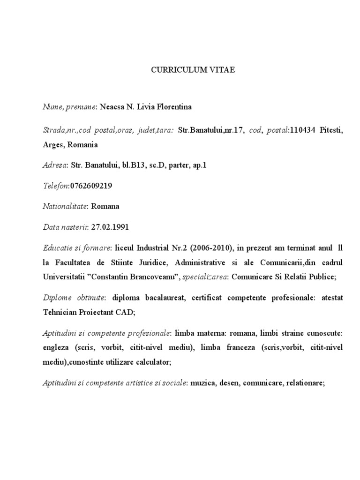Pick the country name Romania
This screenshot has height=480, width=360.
82,144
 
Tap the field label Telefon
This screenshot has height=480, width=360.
55,186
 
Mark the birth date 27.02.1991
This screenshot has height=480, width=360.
110,227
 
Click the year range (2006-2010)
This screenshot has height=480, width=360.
213,248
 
